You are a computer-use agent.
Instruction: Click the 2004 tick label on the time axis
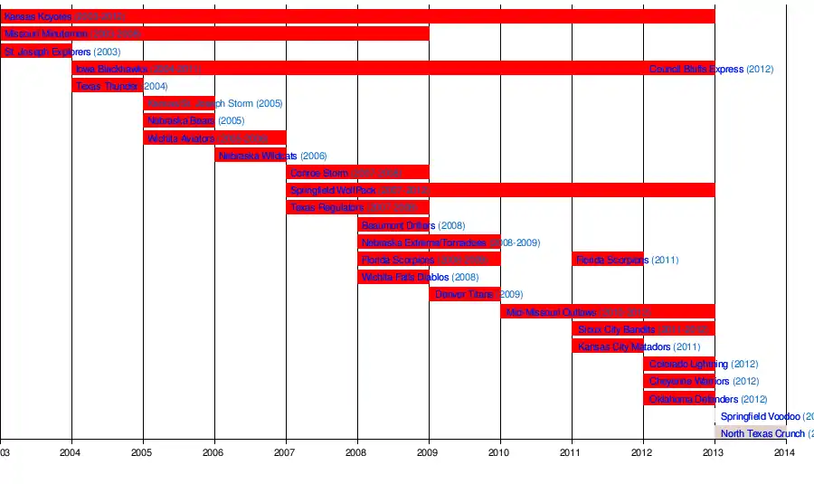pyautogui.click(x=71, y=452)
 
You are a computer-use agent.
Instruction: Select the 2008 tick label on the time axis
pyautogui.click(x=357, y=452)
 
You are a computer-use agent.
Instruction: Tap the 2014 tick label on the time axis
pyautogui.click(x=785, y=452)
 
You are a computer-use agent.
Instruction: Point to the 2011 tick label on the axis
pyautogui.click(x=571, y=452)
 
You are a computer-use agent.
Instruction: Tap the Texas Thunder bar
pyautogui.click(x=108, y=86)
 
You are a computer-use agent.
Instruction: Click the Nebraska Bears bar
pyautogui.click(x=179, y=120)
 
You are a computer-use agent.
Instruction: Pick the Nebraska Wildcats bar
pyautogui.click(x=251, y=156)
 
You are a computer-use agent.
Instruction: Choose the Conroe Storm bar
pyautogui.click(x=357, y=173)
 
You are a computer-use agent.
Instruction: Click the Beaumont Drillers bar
pyautogui.click(x=393, y=225)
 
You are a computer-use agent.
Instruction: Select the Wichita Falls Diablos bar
pyautogui.click(x=393, y=277)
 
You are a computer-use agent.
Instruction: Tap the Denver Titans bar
pyautogui.click(x=464, y=294)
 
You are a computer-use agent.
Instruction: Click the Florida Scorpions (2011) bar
pyautogui.click(x=607, y=260)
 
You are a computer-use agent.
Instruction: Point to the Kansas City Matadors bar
pyautogui.click(x=607, y=346)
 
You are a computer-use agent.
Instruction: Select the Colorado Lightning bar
pyautogui.click(x=678, y=364)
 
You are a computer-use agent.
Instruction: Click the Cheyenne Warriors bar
pyautogui.click(x=678, y=381)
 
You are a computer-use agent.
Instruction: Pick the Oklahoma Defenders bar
pyautogui.click(x=678, y=399)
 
